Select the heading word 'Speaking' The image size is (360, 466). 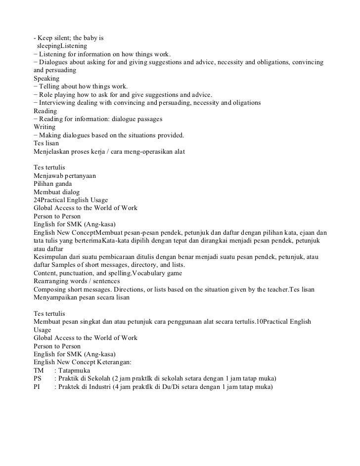click(46, 79)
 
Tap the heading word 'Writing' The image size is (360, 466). click(45, 127)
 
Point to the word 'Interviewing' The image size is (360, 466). click(58, 103)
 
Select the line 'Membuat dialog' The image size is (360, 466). click(56, 192)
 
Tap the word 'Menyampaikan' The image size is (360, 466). click(56, 297)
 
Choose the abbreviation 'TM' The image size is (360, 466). click(39, 370)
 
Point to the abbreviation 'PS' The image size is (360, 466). click(38, 378)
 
